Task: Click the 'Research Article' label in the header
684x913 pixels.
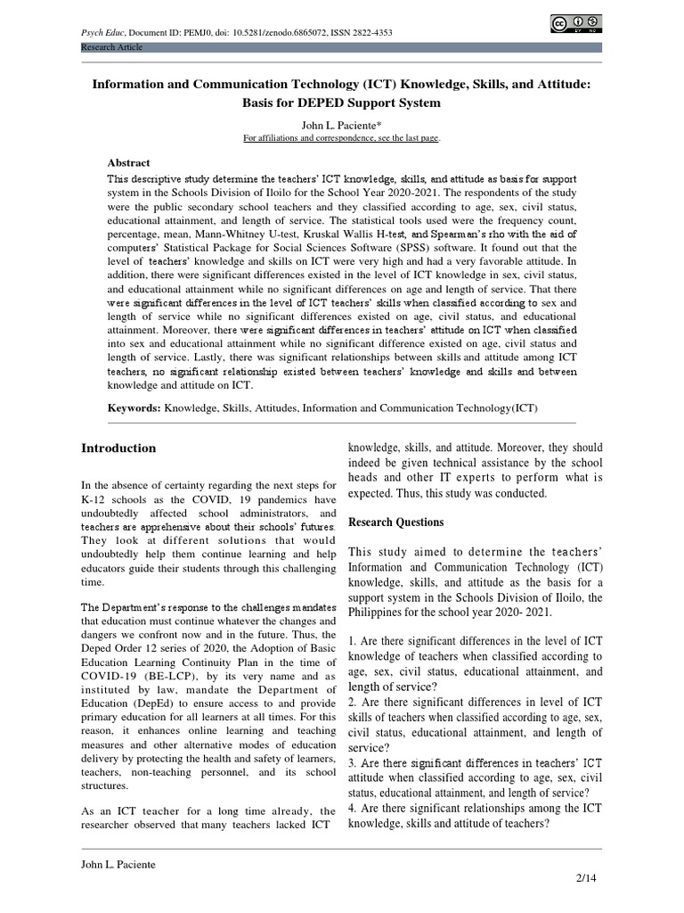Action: point(111,46)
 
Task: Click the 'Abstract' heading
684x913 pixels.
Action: point(129,163)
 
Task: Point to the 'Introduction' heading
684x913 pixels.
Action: point(118,448)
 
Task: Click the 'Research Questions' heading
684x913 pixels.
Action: point(395,522)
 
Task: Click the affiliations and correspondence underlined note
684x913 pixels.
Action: point(341,138)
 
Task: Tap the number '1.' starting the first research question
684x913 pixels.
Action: point(353,641)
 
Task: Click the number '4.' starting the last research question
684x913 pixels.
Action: point(354,808)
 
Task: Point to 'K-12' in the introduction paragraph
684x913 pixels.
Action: point(95,499)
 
